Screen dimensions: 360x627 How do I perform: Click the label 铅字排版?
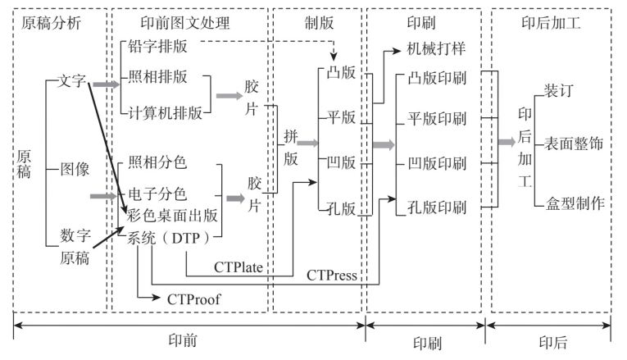158,48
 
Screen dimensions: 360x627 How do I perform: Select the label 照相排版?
158,78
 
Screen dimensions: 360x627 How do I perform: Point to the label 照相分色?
158,163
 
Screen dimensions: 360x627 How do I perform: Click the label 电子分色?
158,195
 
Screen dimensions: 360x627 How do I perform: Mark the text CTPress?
332,275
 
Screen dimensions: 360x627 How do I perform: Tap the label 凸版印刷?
437,80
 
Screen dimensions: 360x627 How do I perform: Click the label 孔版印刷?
437,207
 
